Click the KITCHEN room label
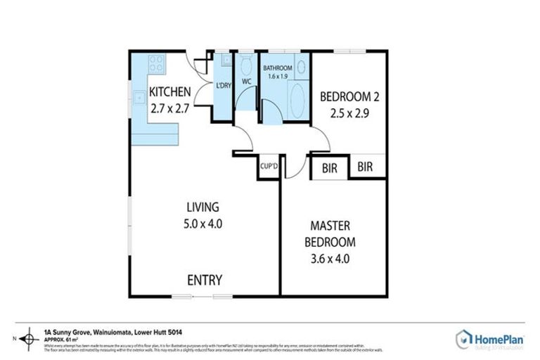click(x=169, y=91)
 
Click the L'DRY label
click(x=223, y=85)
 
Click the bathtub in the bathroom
click(x=299, y=101)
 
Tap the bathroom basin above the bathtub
click(x=301, y=67)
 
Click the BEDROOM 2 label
click(x=349, y=96)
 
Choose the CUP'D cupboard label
click(x=269, y=167)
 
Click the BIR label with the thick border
click(x=329, y=168)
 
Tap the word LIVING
click(x=202, y=207)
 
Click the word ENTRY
click(x=205, y=280)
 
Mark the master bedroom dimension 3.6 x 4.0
click(x=330, y=258)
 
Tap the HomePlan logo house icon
click(x=463, y=339)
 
